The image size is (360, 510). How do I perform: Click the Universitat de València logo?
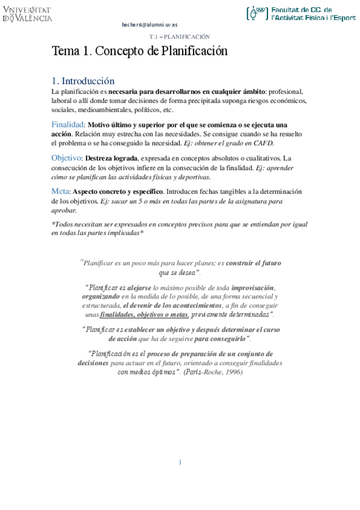[x=27, y=14]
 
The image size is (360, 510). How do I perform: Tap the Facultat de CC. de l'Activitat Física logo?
[x=301, y=14]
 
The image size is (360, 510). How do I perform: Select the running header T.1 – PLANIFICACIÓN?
[x=179, y=37]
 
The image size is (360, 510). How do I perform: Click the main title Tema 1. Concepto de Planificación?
[x=139, y=51]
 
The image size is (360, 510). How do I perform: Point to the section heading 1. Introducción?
[x=83, y=81]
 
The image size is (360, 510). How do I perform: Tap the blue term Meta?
[x=61, y=191]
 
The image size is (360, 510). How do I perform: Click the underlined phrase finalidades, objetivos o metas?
[x=144, y=314]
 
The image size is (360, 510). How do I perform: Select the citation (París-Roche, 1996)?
[x=213, y=372]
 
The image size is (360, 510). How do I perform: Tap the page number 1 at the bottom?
[x=180, y=462]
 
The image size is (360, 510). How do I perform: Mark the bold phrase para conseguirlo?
[x=221, y=339]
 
